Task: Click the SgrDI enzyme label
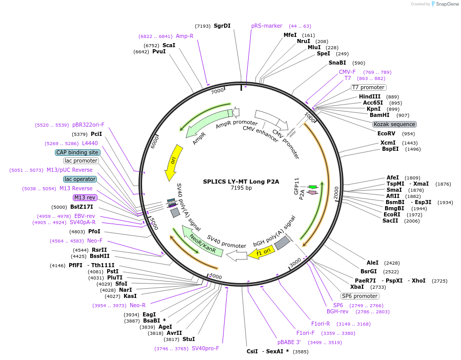(222, 26)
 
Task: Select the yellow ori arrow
(172, 163)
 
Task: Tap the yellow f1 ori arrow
(259, 252)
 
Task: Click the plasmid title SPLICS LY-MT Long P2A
(241, 181)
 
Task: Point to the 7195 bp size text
(241, 188)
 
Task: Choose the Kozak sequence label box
(394, 124)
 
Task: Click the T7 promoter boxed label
(368, 87)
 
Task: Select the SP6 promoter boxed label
(360, 296)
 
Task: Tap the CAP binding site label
(77, 152)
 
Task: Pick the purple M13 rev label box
(85, 197)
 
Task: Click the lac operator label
(80, 179)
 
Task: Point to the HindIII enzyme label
(370, 96)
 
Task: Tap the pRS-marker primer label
(267, 26)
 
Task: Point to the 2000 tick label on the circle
(336, 193)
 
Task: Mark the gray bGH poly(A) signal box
(283, 243)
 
